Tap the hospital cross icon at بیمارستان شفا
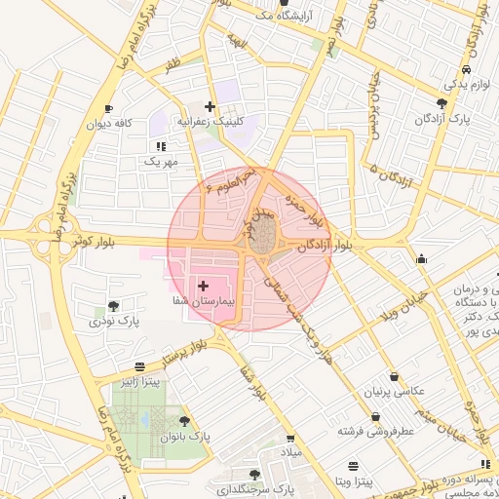pyautogui.click(x=203, y=287)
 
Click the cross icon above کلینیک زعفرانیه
pyautogui.click(x=210, y=105)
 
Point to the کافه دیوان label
pyautogui.click(x=108, y=124)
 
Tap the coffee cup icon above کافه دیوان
pyautogui.click(x=108, y=108)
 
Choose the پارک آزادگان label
pyautogui.click(x=443, y=118)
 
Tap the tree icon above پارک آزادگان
pyautogui.click(x=442, y=102)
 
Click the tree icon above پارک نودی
pyautogui.click(x=114, y=305)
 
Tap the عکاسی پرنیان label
pyautogui.click(x=394, y=391)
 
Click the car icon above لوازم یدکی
pyautogui.click(x=468, y=70)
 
